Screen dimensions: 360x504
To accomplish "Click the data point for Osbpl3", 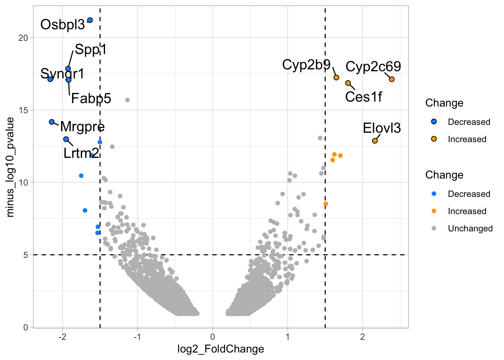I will pos(90,20).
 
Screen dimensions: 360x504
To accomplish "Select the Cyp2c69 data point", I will pos(391,79).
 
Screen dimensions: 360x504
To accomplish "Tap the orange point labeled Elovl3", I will pos(375,141).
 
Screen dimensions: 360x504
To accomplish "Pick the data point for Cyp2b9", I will pos(336,77).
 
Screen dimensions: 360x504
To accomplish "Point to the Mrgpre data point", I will pos(52,122).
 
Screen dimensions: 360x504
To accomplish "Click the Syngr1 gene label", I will pos(62,73).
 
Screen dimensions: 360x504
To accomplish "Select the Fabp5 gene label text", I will pos(91,99).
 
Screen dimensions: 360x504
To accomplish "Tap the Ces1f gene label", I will pos(363,97).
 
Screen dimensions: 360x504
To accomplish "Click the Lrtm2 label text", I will pos(81,153).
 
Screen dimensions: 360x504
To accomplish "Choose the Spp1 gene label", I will pos(91,49).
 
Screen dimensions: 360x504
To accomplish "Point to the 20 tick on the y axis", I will pos(24,37).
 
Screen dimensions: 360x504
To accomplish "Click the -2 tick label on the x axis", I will pos(62,336).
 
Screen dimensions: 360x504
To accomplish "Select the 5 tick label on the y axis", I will pos(26,255).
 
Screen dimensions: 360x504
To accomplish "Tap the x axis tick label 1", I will pos(288,336).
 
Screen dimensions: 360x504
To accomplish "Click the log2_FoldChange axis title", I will pos(220,349).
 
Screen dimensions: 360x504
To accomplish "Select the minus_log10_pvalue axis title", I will pos(10,167).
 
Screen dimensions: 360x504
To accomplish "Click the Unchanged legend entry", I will pos(470,228).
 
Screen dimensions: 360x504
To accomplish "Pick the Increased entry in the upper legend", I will pos(467,139).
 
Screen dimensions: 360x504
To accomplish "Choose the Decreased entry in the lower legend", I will pos(469,194).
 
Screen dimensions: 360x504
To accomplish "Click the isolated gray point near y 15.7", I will pos(127,100).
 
